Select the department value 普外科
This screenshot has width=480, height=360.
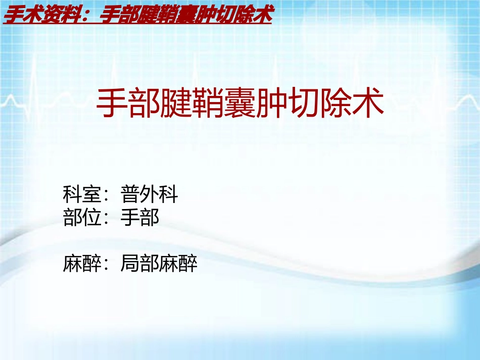pyautogui.click(x=150, y=194)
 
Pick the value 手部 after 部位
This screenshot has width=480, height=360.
pyautogui.click(x=140, y=218)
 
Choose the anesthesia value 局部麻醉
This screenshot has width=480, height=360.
pyautogui.click(x=159, y=264)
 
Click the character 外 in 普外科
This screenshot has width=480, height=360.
pyautogui.click(x=150, y=194)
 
